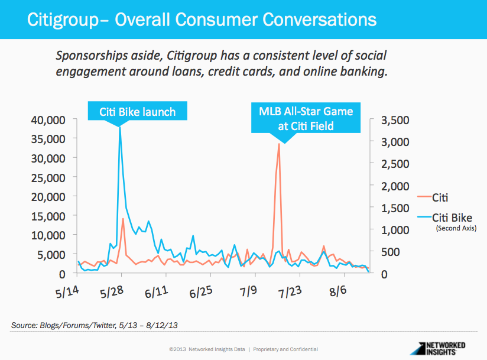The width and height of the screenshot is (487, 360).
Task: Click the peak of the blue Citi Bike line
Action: (120, 128)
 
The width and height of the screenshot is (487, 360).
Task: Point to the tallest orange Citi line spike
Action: (279, 144)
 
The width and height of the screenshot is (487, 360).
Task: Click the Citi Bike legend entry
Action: (452, 217)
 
